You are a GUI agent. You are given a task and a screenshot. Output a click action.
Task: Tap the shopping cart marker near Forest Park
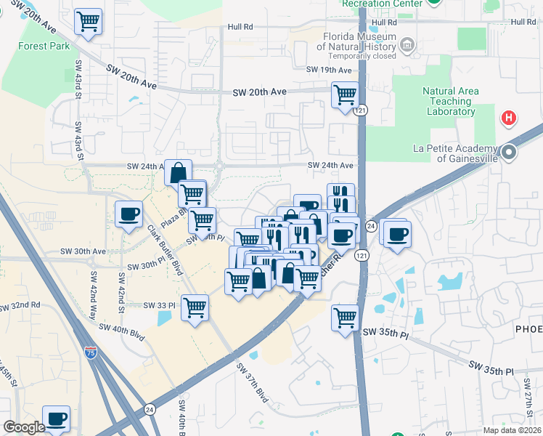(88, 22)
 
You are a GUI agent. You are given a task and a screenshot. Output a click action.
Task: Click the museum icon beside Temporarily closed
(407, 46)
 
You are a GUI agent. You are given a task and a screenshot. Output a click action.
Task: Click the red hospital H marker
(509, 117)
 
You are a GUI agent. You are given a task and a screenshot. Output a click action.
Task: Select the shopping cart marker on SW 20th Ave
(345, 94)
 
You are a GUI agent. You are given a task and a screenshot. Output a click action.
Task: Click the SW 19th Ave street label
(329, 70)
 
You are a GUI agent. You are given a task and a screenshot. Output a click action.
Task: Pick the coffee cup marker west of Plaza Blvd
(129, 214)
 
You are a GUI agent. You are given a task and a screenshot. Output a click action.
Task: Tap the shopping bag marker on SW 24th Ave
(178, 173)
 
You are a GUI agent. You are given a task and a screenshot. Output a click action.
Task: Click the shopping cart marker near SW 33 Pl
(195, 307)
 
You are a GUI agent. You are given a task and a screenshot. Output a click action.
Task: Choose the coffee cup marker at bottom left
(57, 419)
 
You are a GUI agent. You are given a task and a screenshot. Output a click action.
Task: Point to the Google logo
(23, 427)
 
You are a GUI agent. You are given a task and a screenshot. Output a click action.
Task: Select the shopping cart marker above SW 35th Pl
(345, 317)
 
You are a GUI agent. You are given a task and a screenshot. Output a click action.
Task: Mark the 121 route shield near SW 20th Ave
(361, 110)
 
